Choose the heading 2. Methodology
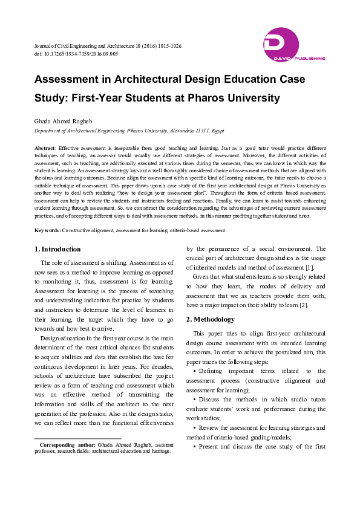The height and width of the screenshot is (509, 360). tap(210, 319)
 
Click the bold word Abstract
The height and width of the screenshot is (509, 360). tap(45, 148)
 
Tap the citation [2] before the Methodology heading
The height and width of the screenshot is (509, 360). tap(304, 304)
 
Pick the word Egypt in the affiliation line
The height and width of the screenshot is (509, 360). tap(217, 130)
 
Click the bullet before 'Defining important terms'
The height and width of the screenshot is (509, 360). tap(194, 371)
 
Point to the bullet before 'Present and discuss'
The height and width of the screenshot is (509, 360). tap(194, 447)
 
